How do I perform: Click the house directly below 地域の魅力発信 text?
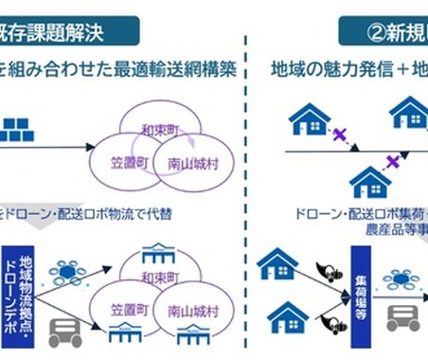click(x=308, y=119)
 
